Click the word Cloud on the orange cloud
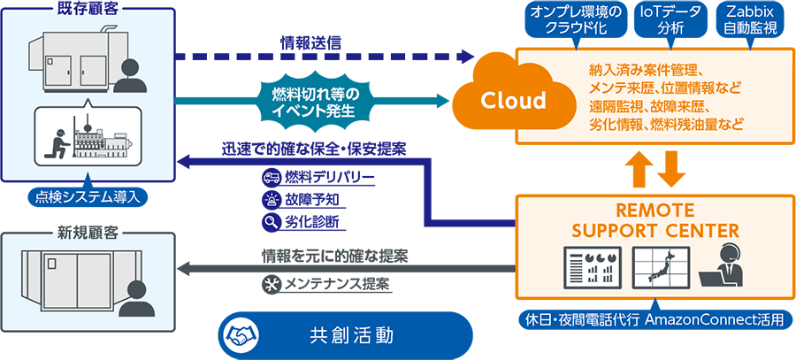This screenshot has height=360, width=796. pyautogui.click(x=513, y=101)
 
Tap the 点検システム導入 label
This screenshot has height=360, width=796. pyautogui.click(x=87, y=196)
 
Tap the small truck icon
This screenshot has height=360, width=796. pyautogui.click(x=271, y=178)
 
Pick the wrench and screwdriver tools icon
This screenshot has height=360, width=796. pyautogui.click(x=271, y=284)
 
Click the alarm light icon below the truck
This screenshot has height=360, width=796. pyautogui.click(x=271, y=200)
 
